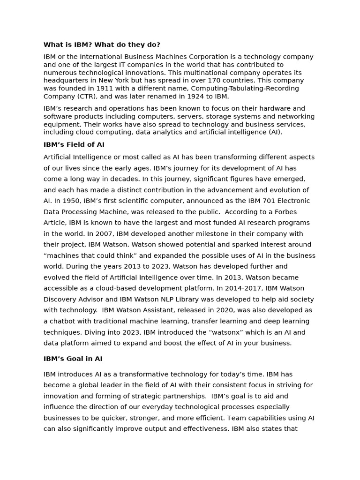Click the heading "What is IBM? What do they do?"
point(102,45)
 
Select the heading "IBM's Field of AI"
point(74,144)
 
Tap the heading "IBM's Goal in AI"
point(73,359)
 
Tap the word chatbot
point(64,321)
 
